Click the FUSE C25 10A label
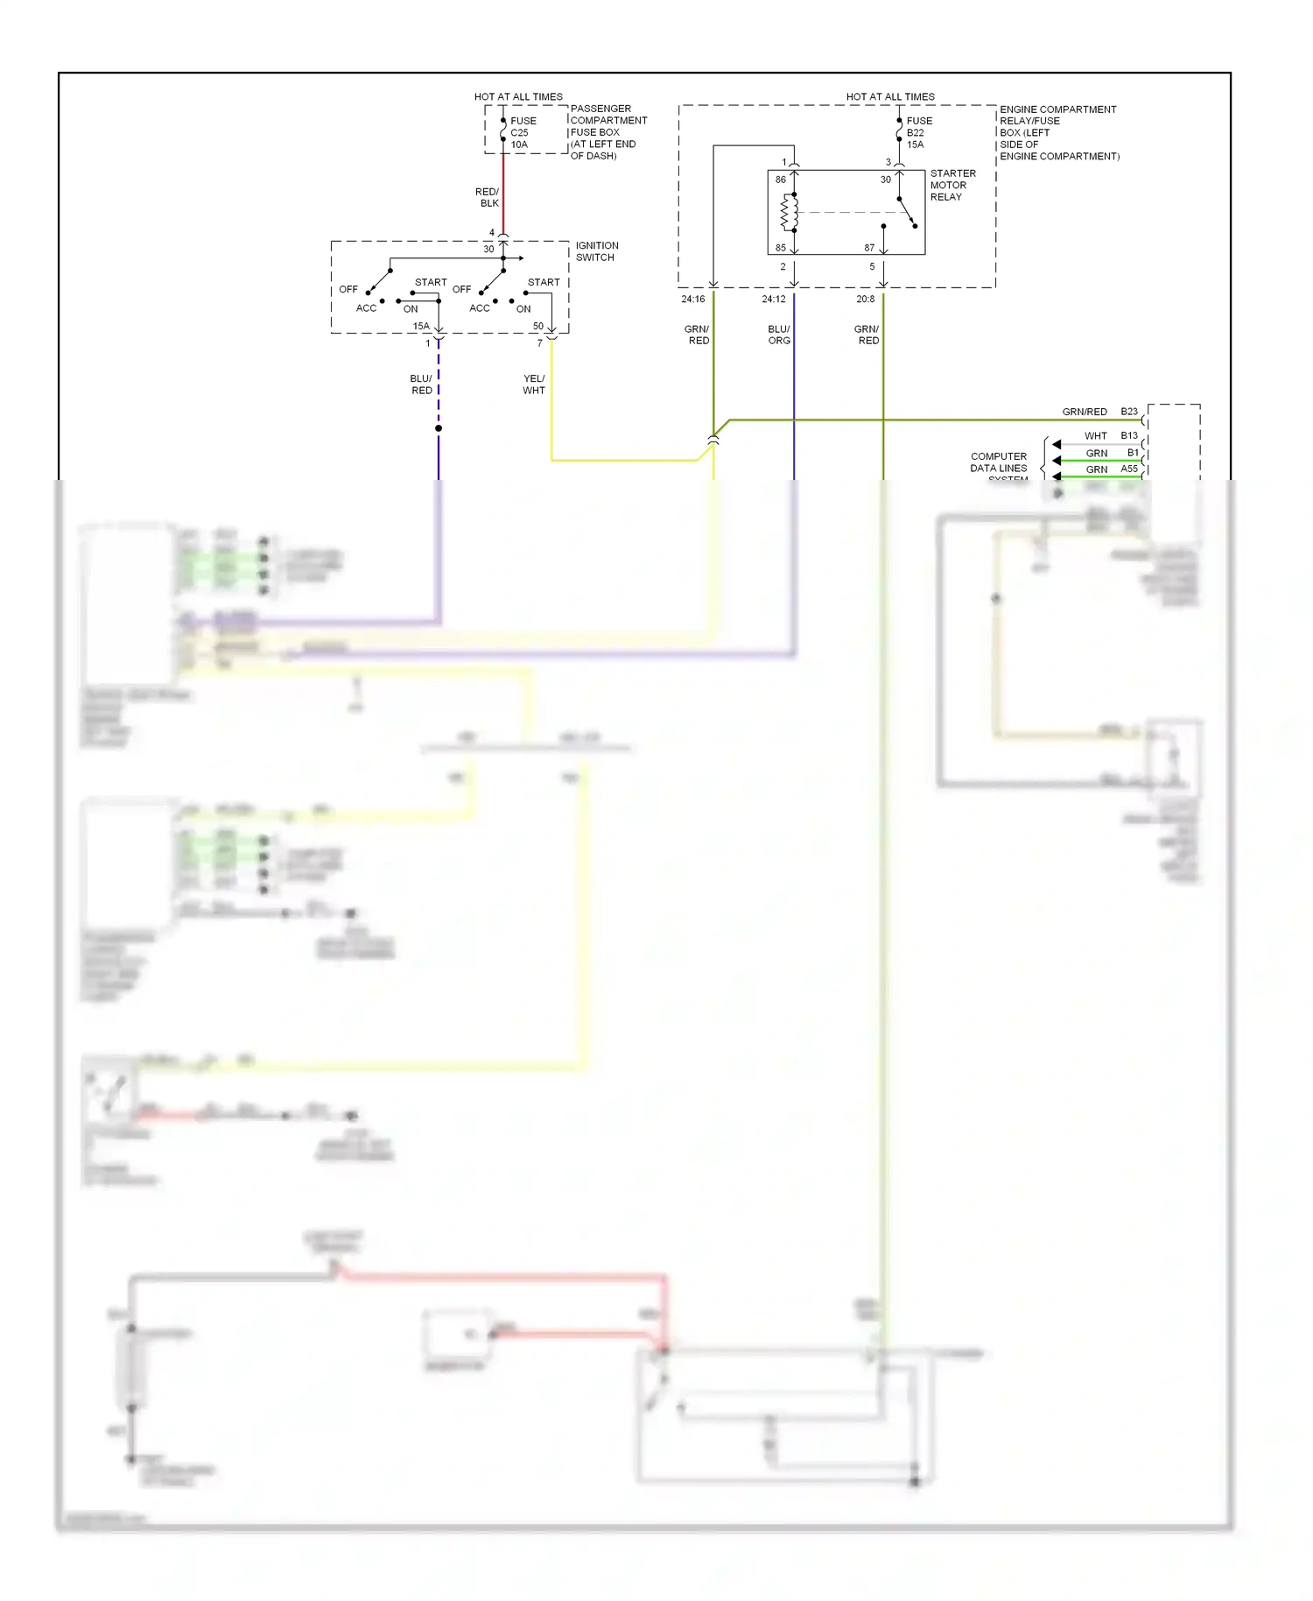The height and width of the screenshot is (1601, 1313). click(523, 133)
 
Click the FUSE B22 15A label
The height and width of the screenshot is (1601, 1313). click(918, 133)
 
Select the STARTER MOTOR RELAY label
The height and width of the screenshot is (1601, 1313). click(951, 186)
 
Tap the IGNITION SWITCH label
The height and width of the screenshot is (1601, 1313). click(596, 251)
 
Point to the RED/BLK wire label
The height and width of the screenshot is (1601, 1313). click(488, 197)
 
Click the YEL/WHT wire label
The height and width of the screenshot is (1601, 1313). click(534, 384)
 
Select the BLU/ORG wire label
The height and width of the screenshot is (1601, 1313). click(779, 335)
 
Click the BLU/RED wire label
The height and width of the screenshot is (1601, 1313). click(421, 384)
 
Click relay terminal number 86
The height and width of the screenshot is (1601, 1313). click(780, 180)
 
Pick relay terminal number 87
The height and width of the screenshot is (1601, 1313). click(869, 248)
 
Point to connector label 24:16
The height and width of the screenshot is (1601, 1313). click(692, 300)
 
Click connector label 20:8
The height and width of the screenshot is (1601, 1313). click(865, 300)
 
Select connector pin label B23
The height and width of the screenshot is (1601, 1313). click(1129, 412)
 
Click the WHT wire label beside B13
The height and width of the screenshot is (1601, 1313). click(1095, 436)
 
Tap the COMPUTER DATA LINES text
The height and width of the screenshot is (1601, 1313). click(998, 462)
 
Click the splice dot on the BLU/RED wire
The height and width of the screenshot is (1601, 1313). click(439, 428)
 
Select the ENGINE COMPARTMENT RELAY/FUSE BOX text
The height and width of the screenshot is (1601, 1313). click(1057, 133)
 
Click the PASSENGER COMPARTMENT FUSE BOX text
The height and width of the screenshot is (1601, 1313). click(607, 132)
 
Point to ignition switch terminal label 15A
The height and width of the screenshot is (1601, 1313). click(421, 326)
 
